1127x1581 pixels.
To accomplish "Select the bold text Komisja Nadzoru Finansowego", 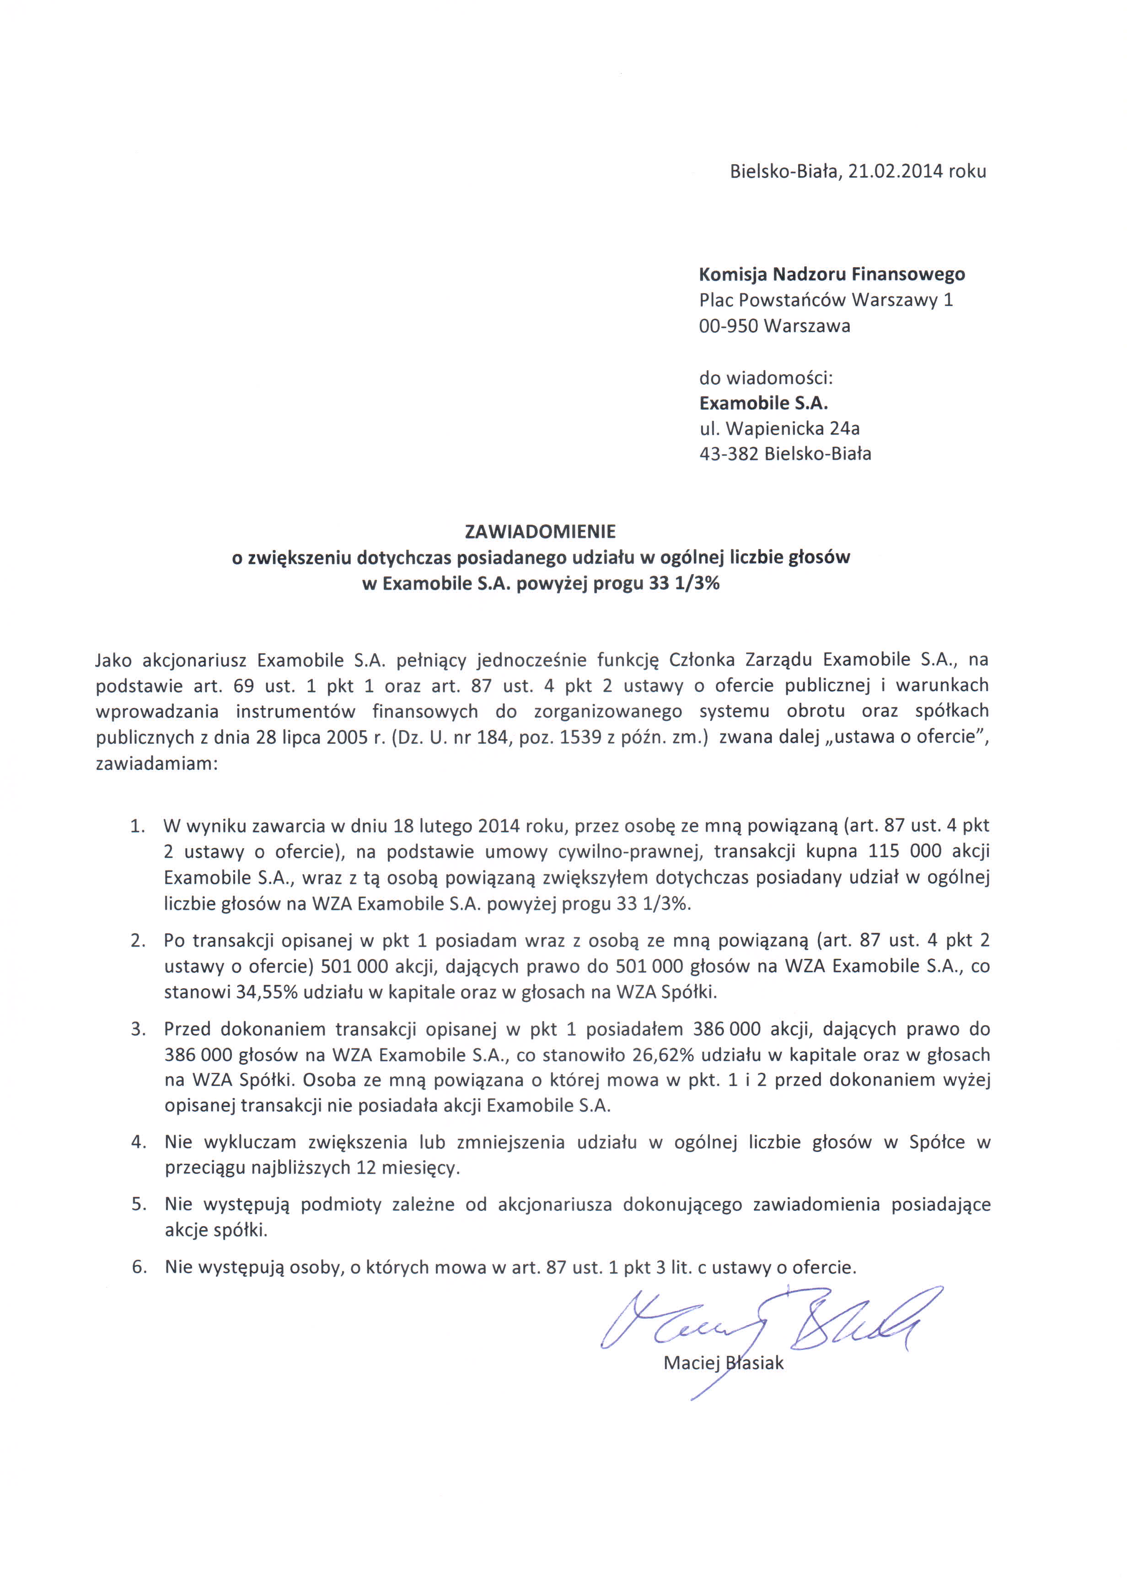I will point(832,274).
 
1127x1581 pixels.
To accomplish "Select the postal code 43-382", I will point(729,454).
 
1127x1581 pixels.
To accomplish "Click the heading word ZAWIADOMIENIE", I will point(540,532).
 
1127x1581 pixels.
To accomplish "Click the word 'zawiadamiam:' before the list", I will point(157,764).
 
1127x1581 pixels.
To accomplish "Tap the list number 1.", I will point(137,826).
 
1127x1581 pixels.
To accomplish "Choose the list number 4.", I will point(138,1142).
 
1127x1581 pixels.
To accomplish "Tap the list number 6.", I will point(139,1267).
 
